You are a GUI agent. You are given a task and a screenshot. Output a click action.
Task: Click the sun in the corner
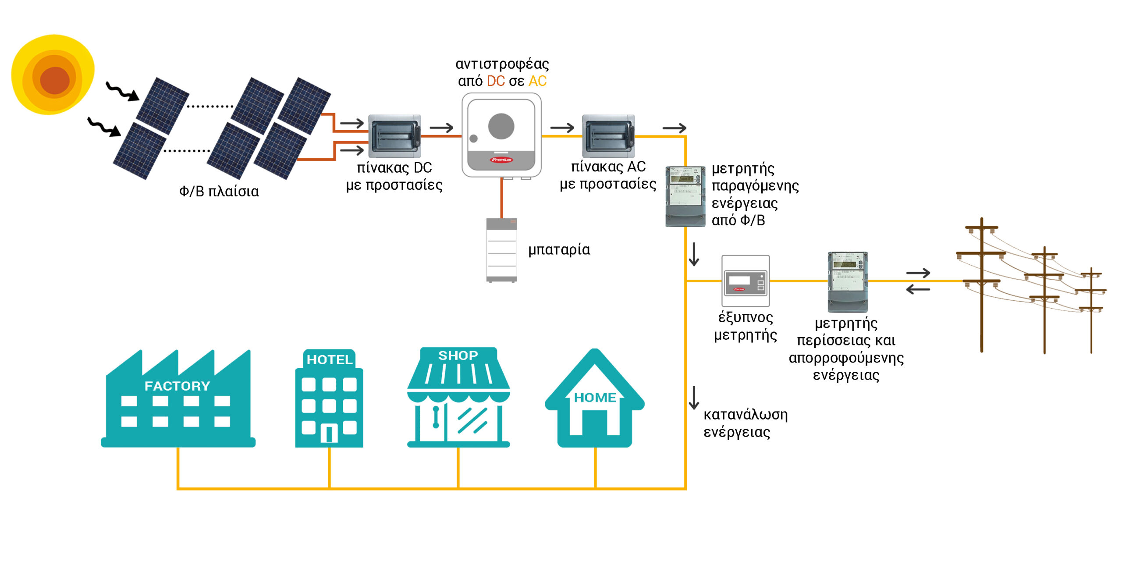53,75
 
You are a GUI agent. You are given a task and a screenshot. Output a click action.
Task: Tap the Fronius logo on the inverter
501,160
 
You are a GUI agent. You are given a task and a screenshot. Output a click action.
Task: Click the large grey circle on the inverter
501,126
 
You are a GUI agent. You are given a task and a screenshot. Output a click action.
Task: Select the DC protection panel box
394,136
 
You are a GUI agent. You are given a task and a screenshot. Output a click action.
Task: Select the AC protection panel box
608,136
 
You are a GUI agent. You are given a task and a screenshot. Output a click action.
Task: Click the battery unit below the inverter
502,250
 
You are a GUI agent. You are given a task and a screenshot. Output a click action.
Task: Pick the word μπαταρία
559,250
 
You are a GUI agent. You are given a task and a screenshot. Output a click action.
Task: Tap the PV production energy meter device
685,196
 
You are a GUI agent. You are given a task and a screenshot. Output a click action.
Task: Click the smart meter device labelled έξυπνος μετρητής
746,281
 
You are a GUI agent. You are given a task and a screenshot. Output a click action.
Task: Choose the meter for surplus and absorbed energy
848,282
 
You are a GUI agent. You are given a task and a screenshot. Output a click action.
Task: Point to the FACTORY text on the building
178,386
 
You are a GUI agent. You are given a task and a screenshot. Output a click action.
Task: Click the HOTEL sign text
330,360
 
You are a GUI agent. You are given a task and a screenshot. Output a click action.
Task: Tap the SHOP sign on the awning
458,356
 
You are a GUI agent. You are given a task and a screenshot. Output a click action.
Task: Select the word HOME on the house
595,398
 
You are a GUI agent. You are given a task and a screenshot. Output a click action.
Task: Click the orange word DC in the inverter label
496,81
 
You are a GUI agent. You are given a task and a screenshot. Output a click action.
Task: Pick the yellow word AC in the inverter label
537,81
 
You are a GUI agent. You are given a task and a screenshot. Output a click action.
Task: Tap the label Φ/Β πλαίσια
219,192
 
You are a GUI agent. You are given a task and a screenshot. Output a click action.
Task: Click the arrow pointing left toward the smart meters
918,289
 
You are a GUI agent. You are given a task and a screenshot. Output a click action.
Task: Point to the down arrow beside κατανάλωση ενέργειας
694,398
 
